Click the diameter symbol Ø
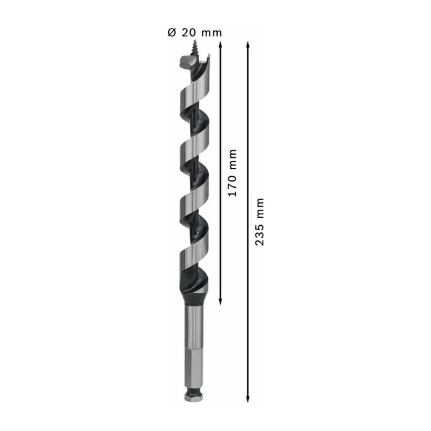click(172, 33)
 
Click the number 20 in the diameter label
click(188, 33)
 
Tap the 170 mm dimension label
click(232, 173)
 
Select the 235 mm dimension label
click(259, 221)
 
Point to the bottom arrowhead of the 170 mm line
click(220, 302)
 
